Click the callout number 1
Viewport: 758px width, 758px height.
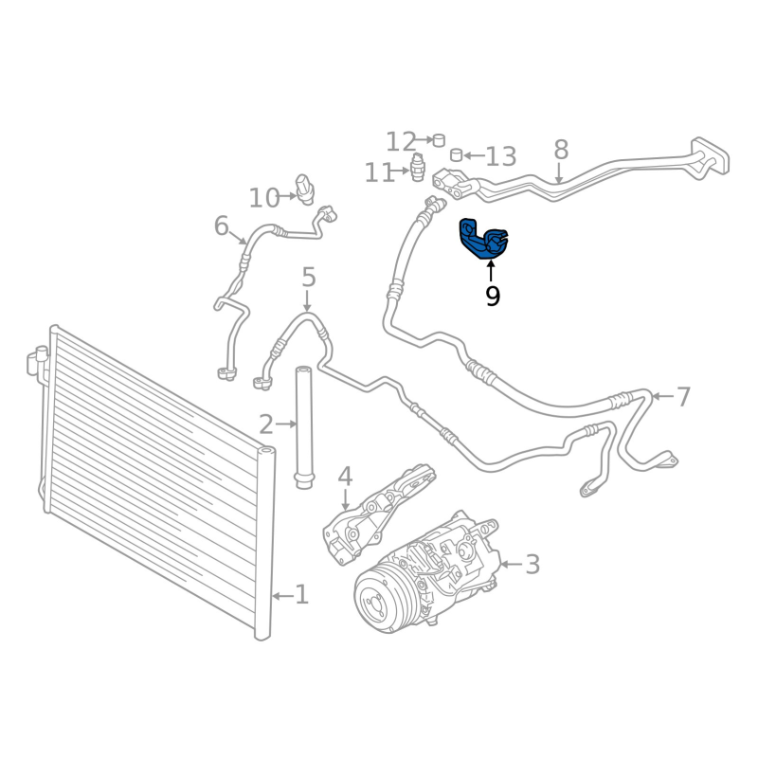pyautogui.click(x=301, y=595)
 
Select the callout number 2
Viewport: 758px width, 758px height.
pyautogui.click(x=266, y=424)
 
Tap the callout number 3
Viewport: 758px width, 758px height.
pyautogui.click(x=532, y=565)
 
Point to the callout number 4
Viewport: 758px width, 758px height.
pyautogui.click(x=345, y=476)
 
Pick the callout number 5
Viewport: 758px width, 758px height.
pyautogui.click(x=308, y=278)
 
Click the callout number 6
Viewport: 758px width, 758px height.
pyautogui.click(x=222, y=226)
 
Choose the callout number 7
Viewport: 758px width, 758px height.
pyautogui.click(x=684, y=397)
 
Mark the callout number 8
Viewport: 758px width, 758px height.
pyautogui.click(x=561, y=150)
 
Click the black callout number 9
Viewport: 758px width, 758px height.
pyautogui.click(x=492, y=297)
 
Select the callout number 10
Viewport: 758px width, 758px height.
pyautogui.click(x=264, y=198)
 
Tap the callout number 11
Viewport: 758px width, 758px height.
pyautogui.click(x=380, y=173)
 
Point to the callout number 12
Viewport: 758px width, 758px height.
pyautogui.click(x=401, y=142)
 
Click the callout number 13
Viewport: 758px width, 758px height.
pyautogui.click(x=501, y=156)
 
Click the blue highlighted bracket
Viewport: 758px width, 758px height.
pyautogui.click(x=483, y=239)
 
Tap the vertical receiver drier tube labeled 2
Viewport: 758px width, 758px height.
pyautogui.click(x=303, y=426)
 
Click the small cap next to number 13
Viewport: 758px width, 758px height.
pyautogui.click(x=456, y=154)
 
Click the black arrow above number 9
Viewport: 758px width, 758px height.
pyautogui.click(x=492, y=270)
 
